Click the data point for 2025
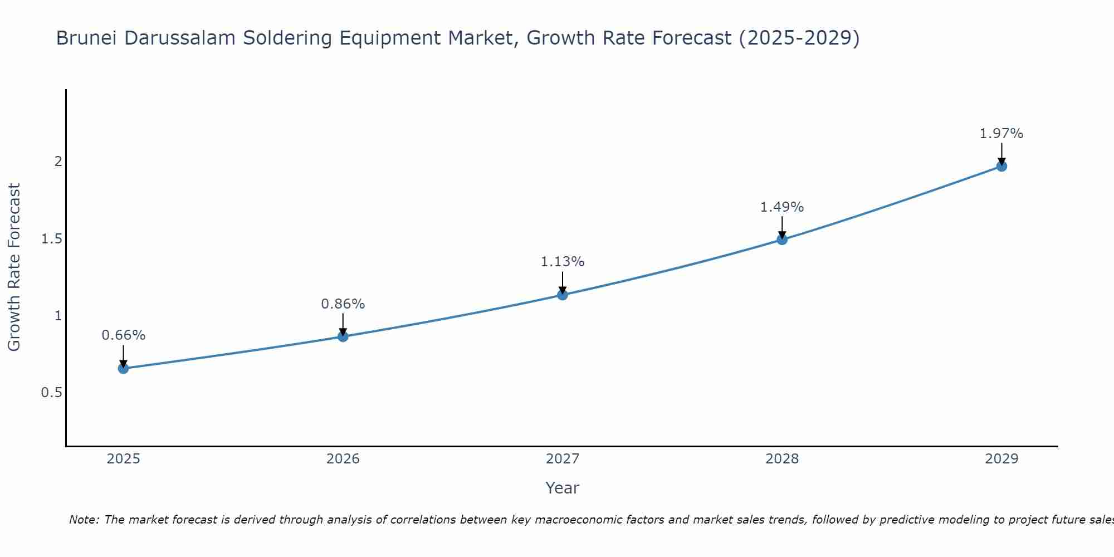click(x=123, y=368)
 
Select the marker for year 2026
click(x=343, y=336)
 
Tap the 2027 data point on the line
click(x=562, y=295)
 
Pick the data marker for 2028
click(x=781, y=240)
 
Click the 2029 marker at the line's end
click(x=1001, y=166)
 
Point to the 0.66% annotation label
click(x=123, y=335)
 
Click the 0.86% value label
click(x=343, y=304)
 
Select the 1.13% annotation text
click(x=562, y=262)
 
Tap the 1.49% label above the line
click(x=781, y=207)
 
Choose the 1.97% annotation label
click(x=1001, y=134)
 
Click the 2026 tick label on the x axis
click(x=343, y=459)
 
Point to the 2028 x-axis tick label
click(x=781, y=459)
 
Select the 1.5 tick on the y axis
click(x=51, y=239)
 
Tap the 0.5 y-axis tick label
click(x=51, y=393)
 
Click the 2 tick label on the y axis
click(x=58, y=162)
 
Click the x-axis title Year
click(x=562, y=488)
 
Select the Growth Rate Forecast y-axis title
click(x=14, y=267)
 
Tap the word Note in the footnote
click(x=82, y=520)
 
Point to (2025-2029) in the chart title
click(x=799, y=38)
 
